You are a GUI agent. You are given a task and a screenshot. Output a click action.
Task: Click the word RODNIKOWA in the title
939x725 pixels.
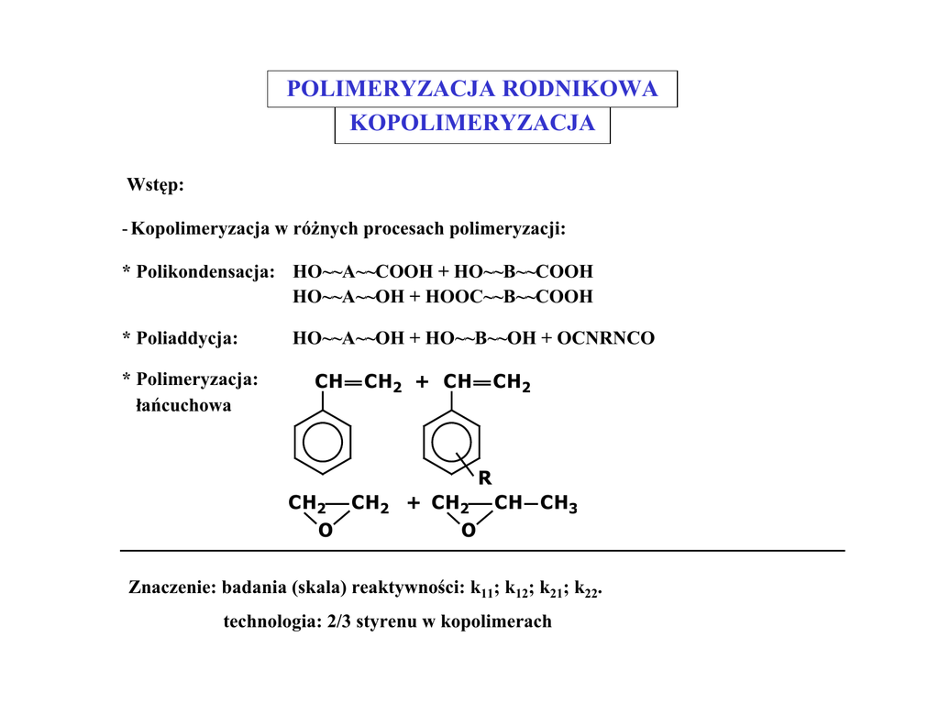580,89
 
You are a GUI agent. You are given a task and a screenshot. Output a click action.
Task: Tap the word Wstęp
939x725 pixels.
155,185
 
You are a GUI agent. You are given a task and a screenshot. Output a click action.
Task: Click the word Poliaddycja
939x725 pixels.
187,338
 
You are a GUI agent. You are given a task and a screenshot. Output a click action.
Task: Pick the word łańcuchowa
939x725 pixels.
183,405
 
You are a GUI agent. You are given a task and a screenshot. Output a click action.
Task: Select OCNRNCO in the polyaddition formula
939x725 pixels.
605,338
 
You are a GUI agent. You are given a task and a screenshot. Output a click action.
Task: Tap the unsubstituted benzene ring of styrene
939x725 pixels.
323,443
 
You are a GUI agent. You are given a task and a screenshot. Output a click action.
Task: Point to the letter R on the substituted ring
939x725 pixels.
484,478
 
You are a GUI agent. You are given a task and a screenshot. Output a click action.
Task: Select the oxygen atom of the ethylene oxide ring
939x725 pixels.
326,531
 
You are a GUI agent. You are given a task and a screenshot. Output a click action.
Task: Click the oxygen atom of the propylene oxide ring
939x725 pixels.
469,531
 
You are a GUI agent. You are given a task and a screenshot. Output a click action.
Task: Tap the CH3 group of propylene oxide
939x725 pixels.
558,503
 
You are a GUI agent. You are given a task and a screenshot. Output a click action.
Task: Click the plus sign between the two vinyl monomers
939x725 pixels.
422,382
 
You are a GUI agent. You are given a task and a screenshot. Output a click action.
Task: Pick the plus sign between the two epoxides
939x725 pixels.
414,503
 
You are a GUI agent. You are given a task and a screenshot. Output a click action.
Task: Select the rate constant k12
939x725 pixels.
516,589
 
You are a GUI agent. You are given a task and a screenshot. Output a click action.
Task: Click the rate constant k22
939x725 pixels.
586,589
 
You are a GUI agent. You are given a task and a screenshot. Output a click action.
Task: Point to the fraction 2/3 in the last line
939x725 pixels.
339,621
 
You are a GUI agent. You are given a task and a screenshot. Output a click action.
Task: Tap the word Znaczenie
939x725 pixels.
171,588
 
